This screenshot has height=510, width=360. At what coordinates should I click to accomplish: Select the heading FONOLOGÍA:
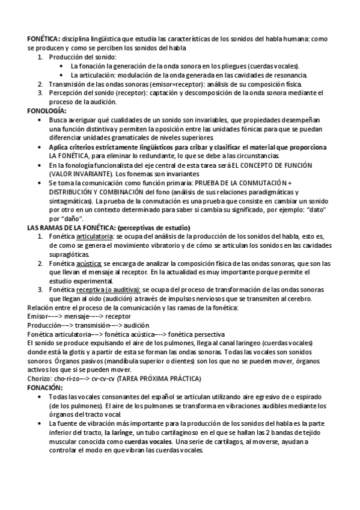point(47,111)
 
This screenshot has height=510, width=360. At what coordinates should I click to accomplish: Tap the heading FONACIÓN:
point(44,388)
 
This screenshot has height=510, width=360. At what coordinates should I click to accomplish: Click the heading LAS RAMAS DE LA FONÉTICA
point(72,228)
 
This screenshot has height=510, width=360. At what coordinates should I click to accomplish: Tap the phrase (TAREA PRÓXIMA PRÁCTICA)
point(159,379)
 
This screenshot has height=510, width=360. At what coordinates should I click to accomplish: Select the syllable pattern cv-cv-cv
point(103,379)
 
